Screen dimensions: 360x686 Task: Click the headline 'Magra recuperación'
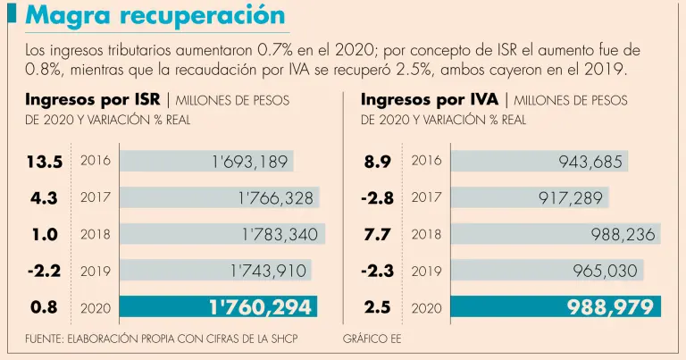(x=155, y=16)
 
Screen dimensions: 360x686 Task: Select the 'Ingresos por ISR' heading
(x=92, y=99)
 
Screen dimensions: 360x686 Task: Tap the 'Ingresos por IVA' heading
(x=430, y=99)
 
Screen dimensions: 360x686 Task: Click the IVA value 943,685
(x=590, y=162)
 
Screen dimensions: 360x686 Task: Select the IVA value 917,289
(x=570, y=198)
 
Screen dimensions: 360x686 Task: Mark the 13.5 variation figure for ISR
(x=45, y=162)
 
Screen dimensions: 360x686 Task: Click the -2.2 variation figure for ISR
(x=44, y=271)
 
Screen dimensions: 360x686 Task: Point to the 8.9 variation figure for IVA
(x=377, y=162)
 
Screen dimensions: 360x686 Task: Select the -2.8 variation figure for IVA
(x=376, y=198)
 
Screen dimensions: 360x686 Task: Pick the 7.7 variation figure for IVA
(x=377, y=235)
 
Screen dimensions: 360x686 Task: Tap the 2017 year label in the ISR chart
(x=96, y=198)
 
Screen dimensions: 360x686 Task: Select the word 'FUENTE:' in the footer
(x=48, y=339)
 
